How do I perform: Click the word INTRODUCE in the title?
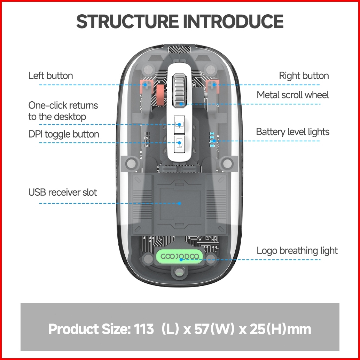point(233,22)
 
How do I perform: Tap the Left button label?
point(50,76)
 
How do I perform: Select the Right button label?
point(304,76)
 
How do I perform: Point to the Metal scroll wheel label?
point(292,95)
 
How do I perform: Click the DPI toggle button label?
point(64,134)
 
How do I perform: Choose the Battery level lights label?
point(292,132)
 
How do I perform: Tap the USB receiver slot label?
point(63,192)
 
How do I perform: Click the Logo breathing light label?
point(297,251)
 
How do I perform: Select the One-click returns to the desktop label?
point(63,111)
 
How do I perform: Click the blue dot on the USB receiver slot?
point(180,203)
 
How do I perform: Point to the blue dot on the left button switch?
point(145,85)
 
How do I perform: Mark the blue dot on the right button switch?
point(214,84)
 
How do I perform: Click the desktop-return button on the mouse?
point(180,124)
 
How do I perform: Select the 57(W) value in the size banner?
point(212,329)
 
